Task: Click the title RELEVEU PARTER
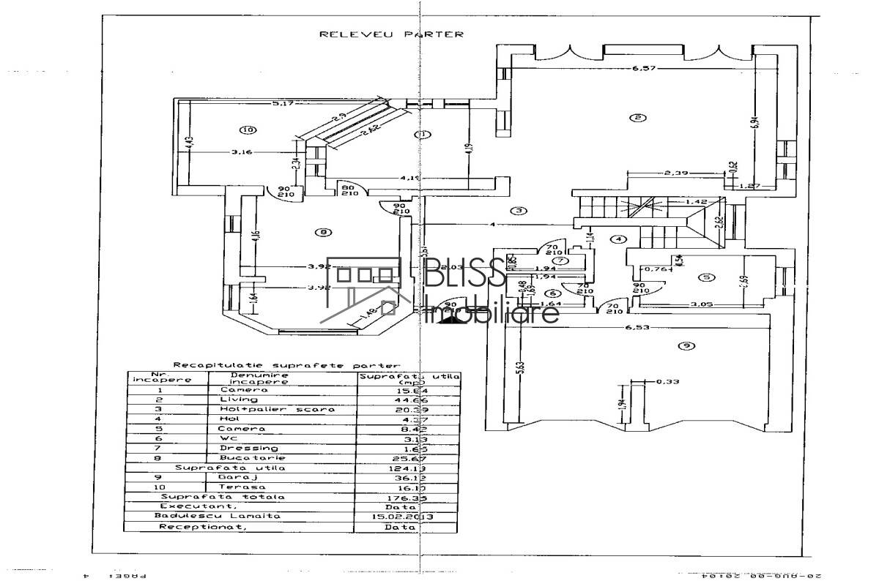(x=392, y=34)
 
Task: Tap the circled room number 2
(x=638, y=117)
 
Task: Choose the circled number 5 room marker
(x=705, y=277)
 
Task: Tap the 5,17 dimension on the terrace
(x=283, y=104)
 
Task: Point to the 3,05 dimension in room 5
(x=702, y=302)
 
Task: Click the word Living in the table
(x=240, y=400)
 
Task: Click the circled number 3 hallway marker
(x=519, y=211)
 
